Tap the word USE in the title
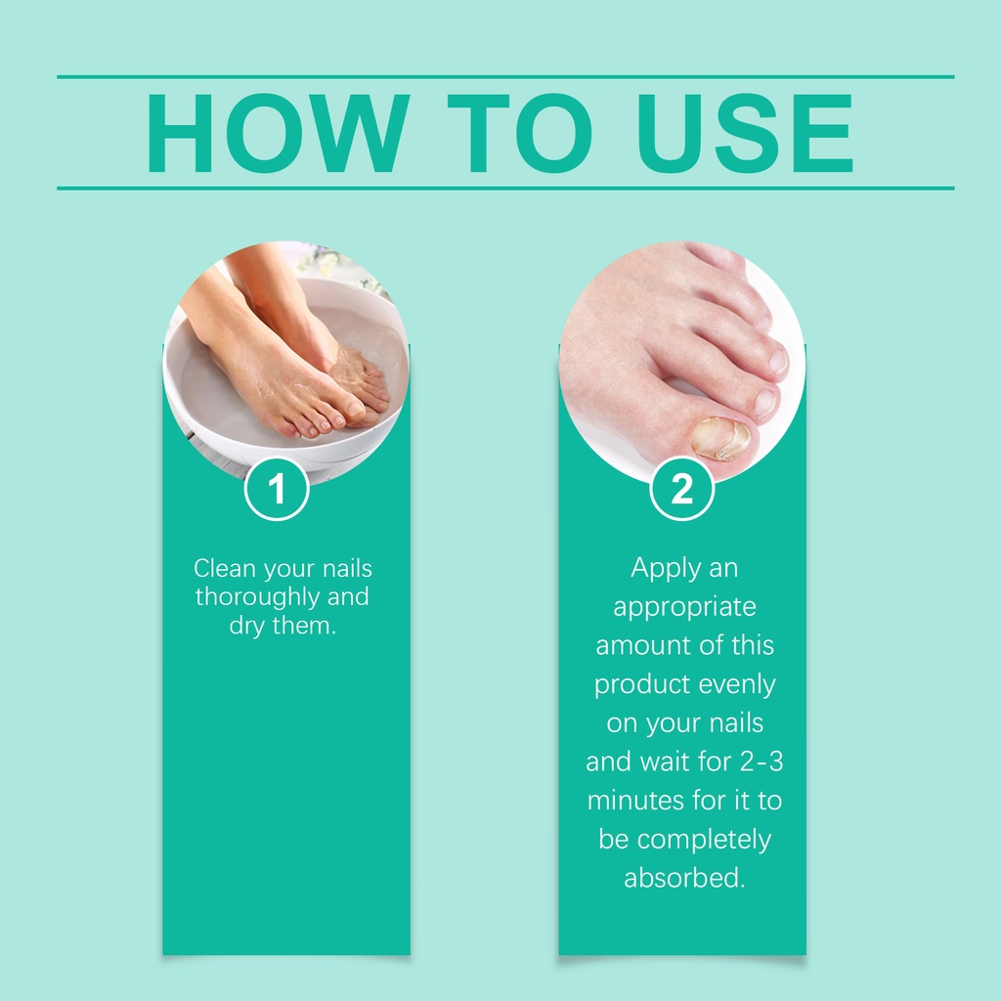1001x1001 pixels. pos(744,133)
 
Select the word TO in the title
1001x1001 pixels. pos(520,133)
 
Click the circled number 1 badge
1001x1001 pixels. pos(277,489)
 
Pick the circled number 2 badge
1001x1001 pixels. pos(681,489)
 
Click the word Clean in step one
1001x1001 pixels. pos(225,568)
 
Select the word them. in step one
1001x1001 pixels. pos(304,625)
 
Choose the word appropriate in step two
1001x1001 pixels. pos(684,608)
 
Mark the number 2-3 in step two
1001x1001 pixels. pos(762,761)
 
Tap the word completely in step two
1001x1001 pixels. pos(704,840)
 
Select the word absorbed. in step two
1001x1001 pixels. pos(684,878)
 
